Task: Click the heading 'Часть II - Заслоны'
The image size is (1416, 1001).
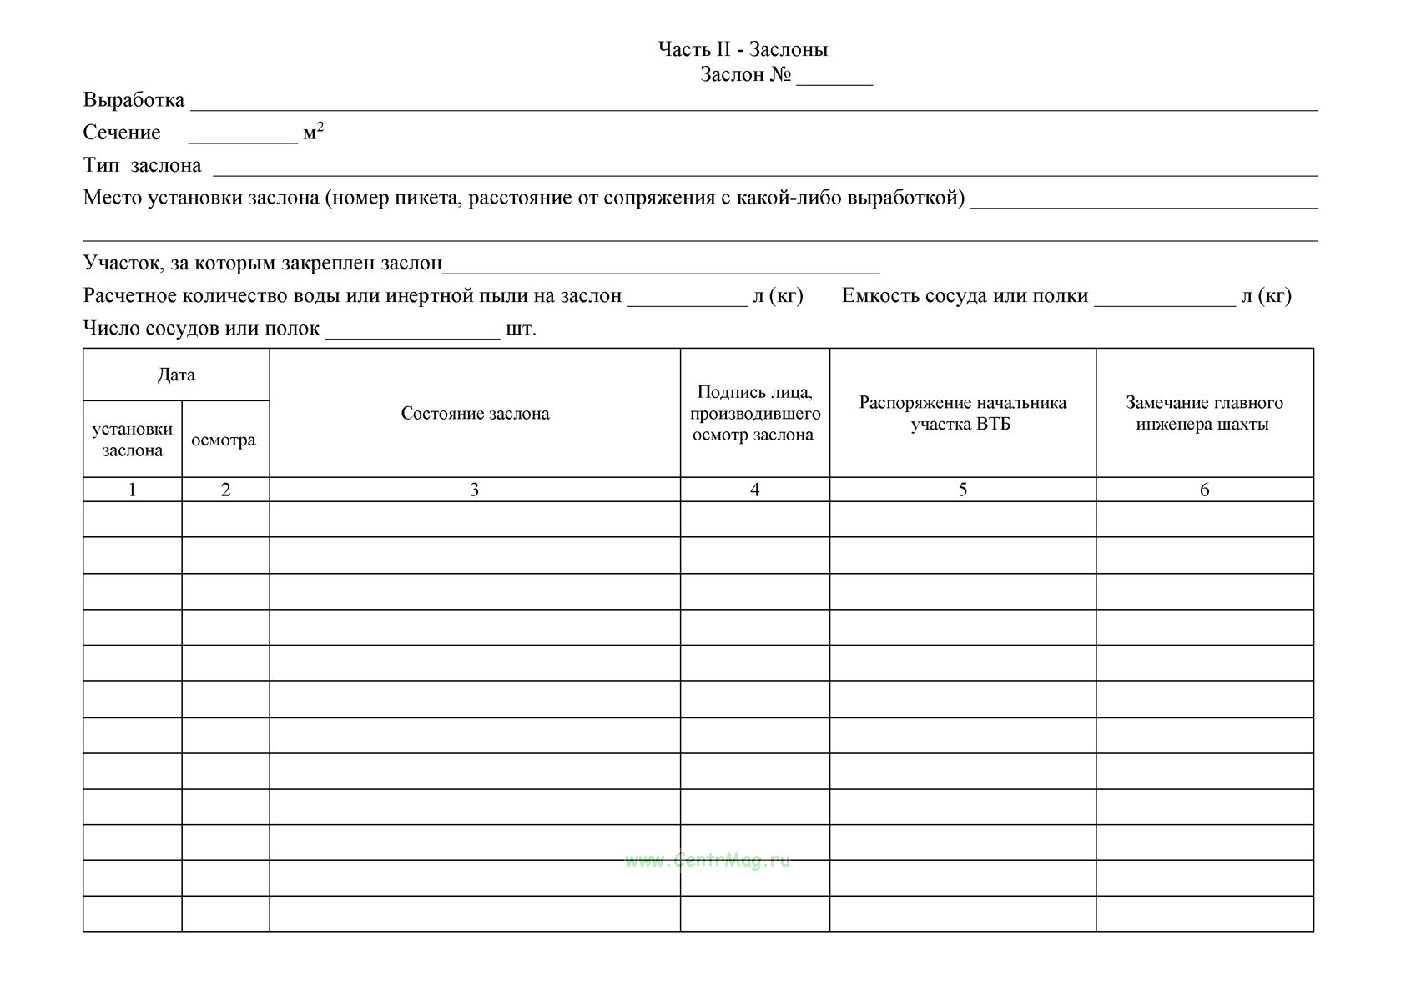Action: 743,49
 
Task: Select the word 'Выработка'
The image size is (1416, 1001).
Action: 134,100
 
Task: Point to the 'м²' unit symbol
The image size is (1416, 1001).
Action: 313,132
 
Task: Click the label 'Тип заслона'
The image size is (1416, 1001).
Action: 142,165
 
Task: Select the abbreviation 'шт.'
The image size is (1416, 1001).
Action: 521,329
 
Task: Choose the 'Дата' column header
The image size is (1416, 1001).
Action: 176,375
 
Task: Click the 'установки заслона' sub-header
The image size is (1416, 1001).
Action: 132,440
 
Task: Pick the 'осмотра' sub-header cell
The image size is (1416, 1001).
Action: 224,440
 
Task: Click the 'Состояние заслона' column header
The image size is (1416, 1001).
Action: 475,414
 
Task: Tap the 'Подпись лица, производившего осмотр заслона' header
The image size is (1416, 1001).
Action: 754,413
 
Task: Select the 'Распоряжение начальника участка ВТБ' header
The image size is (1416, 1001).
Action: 962,413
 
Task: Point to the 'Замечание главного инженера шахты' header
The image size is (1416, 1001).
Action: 1204,413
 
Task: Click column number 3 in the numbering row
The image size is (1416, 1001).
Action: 474,490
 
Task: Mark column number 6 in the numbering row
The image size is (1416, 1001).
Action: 1204,490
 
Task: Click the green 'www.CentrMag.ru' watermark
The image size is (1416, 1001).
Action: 707,860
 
